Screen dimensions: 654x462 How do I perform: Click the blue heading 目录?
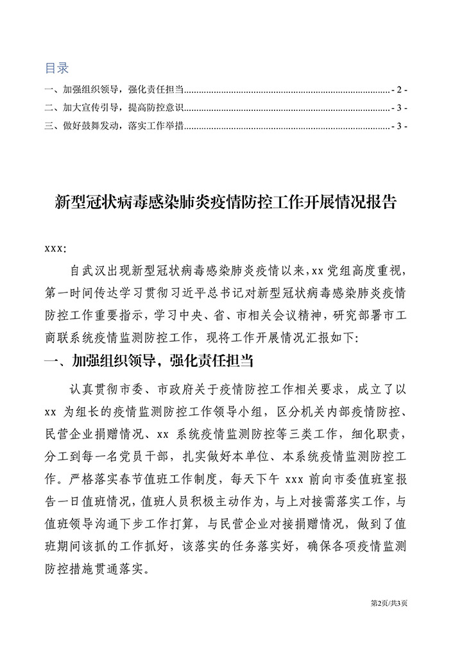pyautogui.click(x=56, y=68)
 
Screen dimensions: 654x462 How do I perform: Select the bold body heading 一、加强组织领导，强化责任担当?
pyautogui.click(x=148, y=362)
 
